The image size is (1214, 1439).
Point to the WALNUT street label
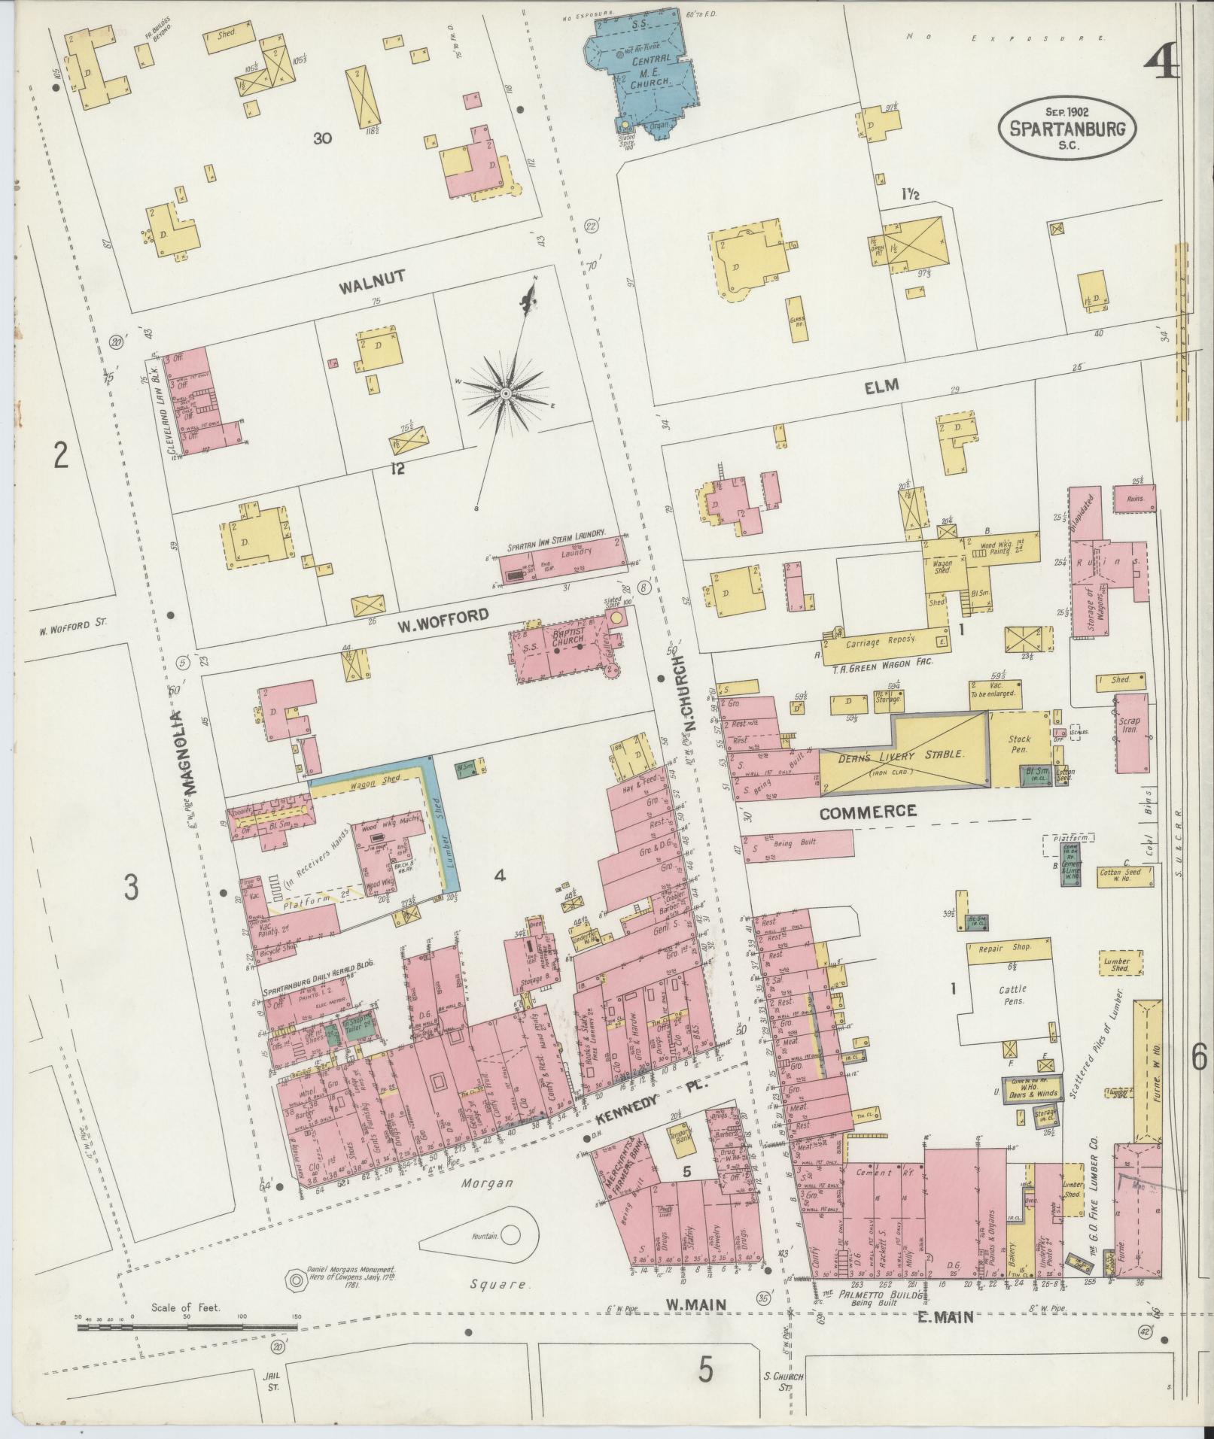[372, 278]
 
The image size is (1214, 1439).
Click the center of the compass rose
[506, 393]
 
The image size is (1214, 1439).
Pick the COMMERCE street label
[868, 812]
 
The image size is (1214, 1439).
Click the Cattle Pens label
[1013, 995]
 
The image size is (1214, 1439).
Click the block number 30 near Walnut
[323, 138]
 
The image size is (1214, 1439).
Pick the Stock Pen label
[1019, 745]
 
